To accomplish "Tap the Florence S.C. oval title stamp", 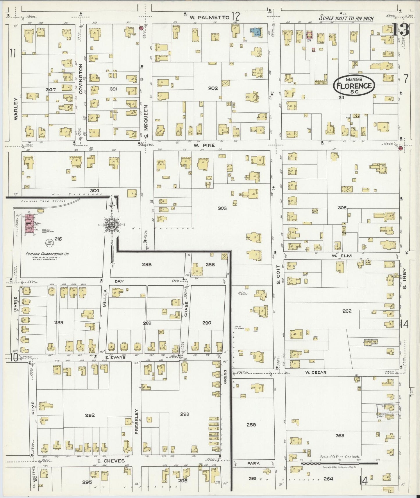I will pyautogui.click(x=354, y=85).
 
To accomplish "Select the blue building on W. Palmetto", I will pyautogui.click(x=256, y=32).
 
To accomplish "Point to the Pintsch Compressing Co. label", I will pyautogui.click(x=47, y=254).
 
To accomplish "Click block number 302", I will pyautogui.click(x=213, y=88).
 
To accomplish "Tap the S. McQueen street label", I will pyautogui.click(x=146, y=122).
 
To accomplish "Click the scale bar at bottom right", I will pyautogui.click(x=339, y=463).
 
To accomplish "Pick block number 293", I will pyautogui.click(x=185, y=414).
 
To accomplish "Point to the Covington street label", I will pyautogui.click(x=81, y=79).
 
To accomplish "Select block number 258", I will pyautogui.click(x=251, y=424).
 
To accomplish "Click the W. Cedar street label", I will pyautogui.click(x=316, y=372).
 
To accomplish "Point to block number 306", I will pyautogui.click(x=342, y=208).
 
